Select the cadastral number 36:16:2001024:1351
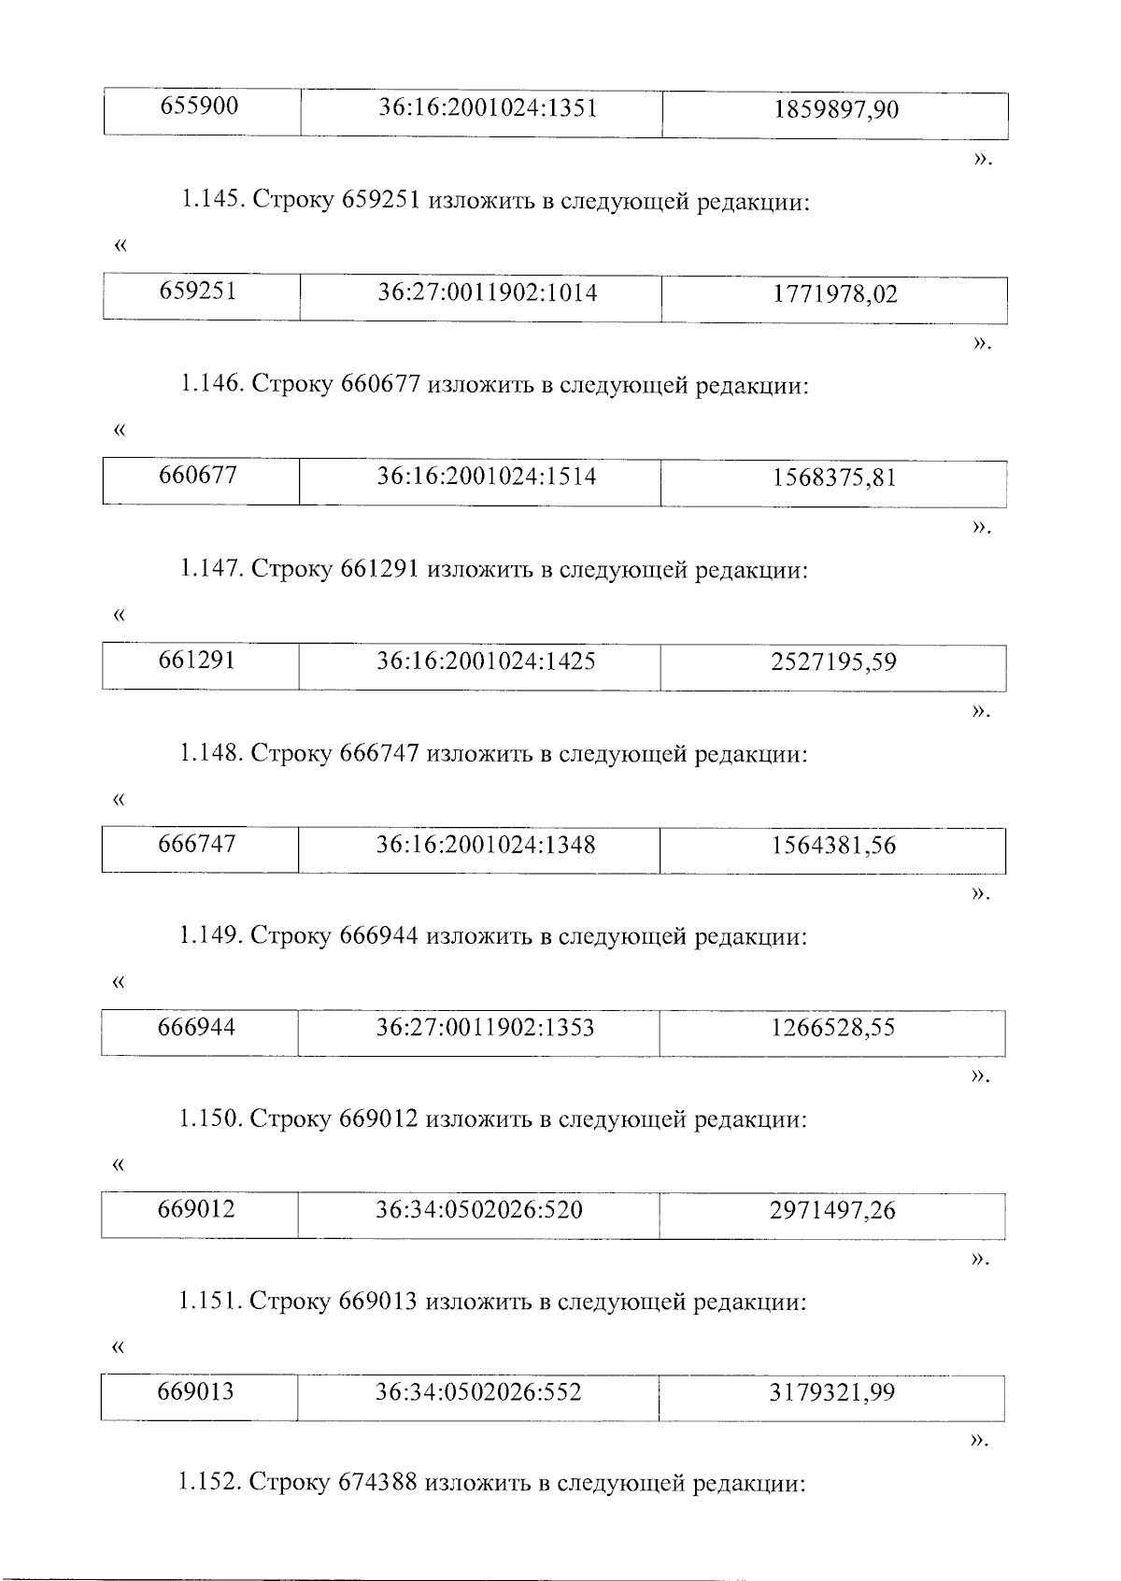487,108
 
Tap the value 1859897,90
835,110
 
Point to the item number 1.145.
211,201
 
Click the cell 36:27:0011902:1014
487,293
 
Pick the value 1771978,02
834,295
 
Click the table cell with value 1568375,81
833,478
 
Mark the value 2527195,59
833,662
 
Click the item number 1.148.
211,753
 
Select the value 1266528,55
832,1028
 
